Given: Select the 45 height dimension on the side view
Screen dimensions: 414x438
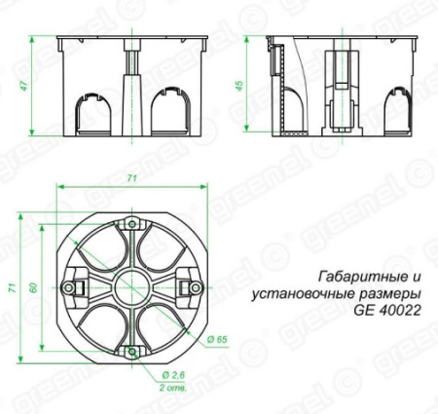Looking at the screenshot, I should point(257,86).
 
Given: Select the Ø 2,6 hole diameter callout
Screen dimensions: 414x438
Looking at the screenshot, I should point(174,374).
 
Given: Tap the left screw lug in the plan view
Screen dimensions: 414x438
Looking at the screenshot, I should point(70,287).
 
